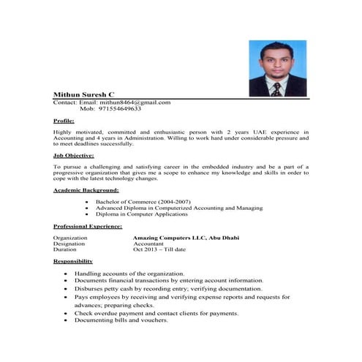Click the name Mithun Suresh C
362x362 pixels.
83,95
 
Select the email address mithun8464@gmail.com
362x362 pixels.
135,103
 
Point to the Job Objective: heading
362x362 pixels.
73,155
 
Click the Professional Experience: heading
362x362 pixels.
86,227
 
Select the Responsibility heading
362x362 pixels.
73,261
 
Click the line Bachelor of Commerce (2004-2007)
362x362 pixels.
140,201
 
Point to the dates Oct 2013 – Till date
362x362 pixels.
159,250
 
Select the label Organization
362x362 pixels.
70,238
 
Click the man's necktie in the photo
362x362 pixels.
276,88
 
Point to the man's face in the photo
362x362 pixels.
276,59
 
